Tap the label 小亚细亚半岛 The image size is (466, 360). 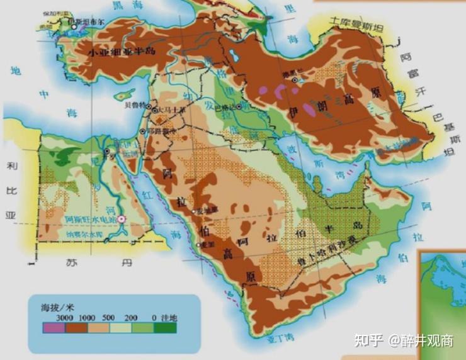click(121, 53)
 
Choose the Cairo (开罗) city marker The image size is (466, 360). click(108, 151)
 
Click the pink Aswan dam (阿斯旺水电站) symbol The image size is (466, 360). click(123, 219)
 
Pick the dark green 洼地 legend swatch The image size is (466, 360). click(166, 327)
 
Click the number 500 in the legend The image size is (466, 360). click(109, 317)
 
